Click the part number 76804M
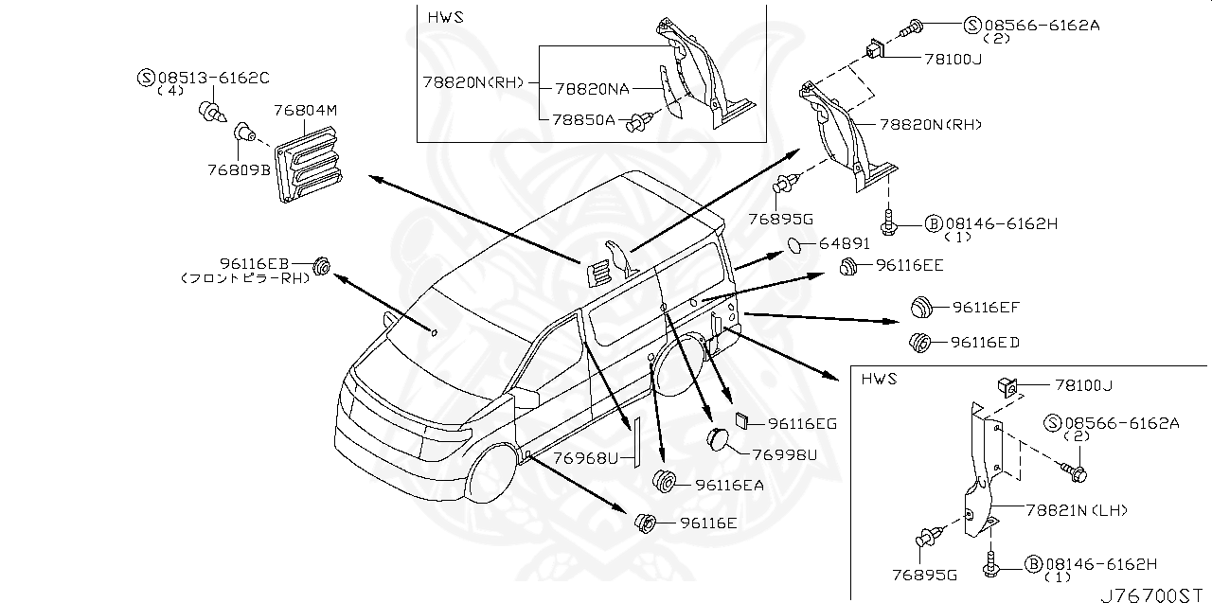(305, 111)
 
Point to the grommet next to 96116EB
(320, 266)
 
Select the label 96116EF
(986, 308)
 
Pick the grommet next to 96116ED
(918, 342)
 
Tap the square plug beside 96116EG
(744, 422)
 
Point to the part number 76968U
(585, 458)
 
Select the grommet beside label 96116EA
(667, 481)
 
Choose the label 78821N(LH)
(1076, 510)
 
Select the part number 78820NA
(592, 88)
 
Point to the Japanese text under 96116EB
(245, 279)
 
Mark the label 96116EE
(908, 266)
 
